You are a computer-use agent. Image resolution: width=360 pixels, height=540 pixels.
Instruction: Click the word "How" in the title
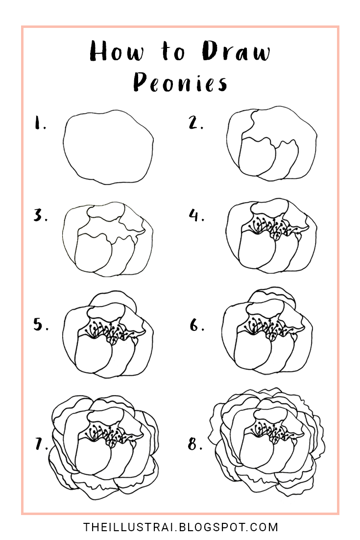[116, 51]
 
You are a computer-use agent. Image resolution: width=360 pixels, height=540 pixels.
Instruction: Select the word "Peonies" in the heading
[180, 83]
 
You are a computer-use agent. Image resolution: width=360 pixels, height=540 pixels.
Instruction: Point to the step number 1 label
[39, 124]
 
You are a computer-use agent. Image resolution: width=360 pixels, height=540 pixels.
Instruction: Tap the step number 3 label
[40, 216]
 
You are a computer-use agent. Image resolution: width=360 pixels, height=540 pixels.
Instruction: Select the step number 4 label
[196, 215]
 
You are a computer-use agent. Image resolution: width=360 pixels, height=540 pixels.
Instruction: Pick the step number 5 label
[41, 325]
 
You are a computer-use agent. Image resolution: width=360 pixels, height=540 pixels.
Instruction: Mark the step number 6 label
[196, 325]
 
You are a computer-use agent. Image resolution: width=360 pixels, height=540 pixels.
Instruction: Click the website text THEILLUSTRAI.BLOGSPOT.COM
[180, 527]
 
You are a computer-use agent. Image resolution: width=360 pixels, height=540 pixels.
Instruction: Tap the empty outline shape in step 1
[108, 146]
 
